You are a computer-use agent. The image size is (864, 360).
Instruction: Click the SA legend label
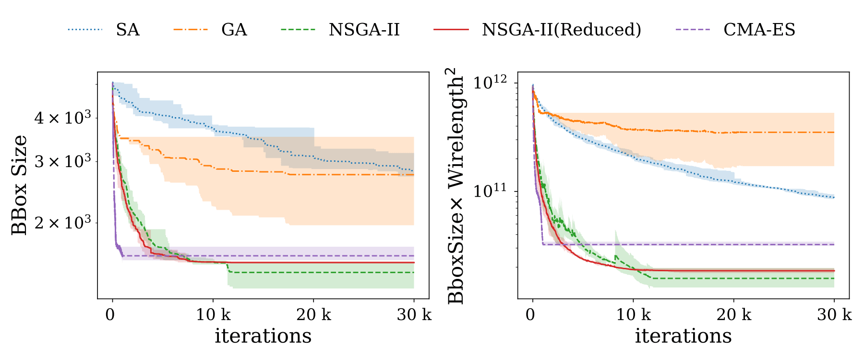(128, 30)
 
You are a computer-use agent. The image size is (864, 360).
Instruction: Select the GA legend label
(234, 30)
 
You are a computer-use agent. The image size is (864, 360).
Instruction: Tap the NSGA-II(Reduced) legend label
(562, 30)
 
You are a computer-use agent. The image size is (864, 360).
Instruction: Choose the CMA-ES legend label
(759, 30)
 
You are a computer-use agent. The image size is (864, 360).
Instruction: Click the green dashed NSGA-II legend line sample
(298, 30)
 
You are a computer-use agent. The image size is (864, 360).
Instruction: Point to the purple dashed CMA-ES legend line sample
(693, 30)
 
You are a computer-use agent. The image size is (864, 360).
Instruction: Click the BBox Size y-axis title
(20, 185)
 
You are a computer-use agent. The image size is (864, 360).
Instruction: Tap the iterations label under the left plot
(263, 336)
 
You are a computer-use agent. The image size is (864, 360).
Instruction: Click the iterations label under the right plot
(684, 336)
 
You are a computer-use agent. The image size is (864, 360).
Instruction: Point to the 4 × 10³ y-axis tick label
(63, 117)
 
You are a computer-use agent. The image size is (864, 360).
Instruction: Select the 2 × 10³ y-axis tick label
(63, 222)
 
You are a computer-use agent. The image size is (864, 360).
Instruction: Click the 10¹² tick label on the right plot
(490, 82)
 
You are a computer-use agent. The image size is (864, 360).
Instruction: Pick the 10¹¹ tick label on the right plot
(490, 191)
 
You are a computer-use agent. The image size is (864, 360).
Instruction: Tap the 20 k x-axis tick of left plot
(313, 315)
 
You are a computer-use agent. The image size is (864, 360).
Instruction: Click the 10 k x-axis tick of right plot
(633, 315)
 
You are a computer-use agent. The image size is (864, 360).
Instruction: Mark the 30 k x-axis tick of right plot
(834, 315)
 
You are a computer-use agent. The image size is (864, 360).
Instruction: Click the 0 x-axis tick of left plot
(110, 315)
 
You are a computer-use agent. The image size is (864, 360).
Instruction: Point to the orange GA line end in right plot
(834, 132)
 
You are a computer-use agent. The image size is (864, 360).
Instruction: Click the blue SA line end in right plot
(834, 197)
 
